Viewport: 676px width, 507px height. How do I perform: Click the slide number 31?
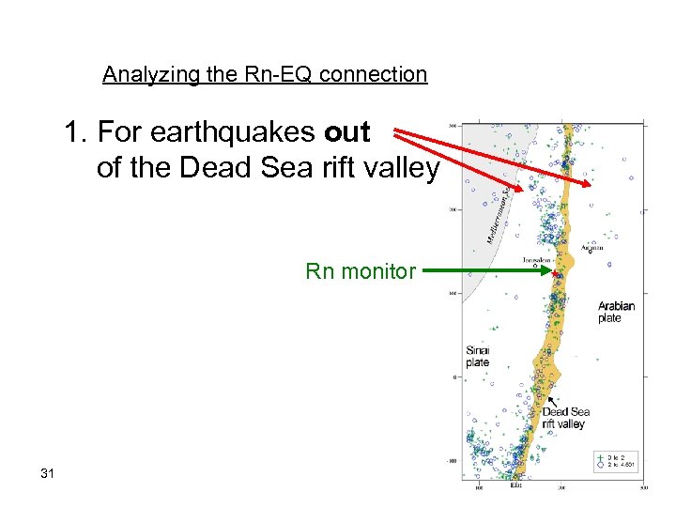[x=48, y=472]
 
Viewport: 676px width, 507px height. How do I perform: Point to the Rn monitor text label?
[x=361, y=271]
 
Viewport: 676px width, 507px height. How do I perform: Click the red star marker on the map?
[x=556, y=273]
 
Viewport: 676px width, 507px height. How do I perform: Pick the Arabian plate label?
[x=616, y=312]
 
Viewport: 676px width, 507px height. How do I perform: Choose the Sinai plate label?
[x=477, y=356]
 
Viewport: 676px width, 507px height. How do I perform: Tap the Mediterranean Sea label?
[x=499, y=215]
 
